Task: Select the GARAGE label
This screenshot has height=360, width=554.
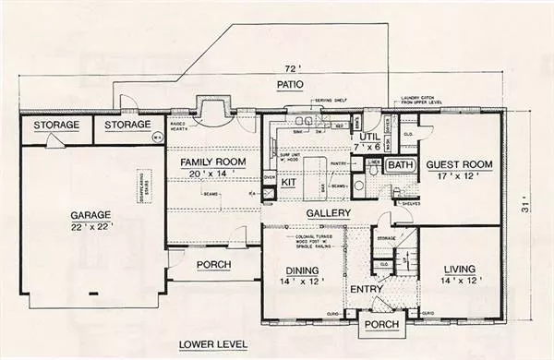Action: (90, 214)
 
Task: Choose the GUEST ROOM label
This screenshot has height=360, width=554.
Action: (459, 165)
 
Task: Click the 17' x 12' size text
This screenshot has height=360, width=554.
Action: (459, 178)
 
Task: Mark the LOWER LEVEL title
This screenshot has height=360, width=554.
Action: (213, 343)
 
